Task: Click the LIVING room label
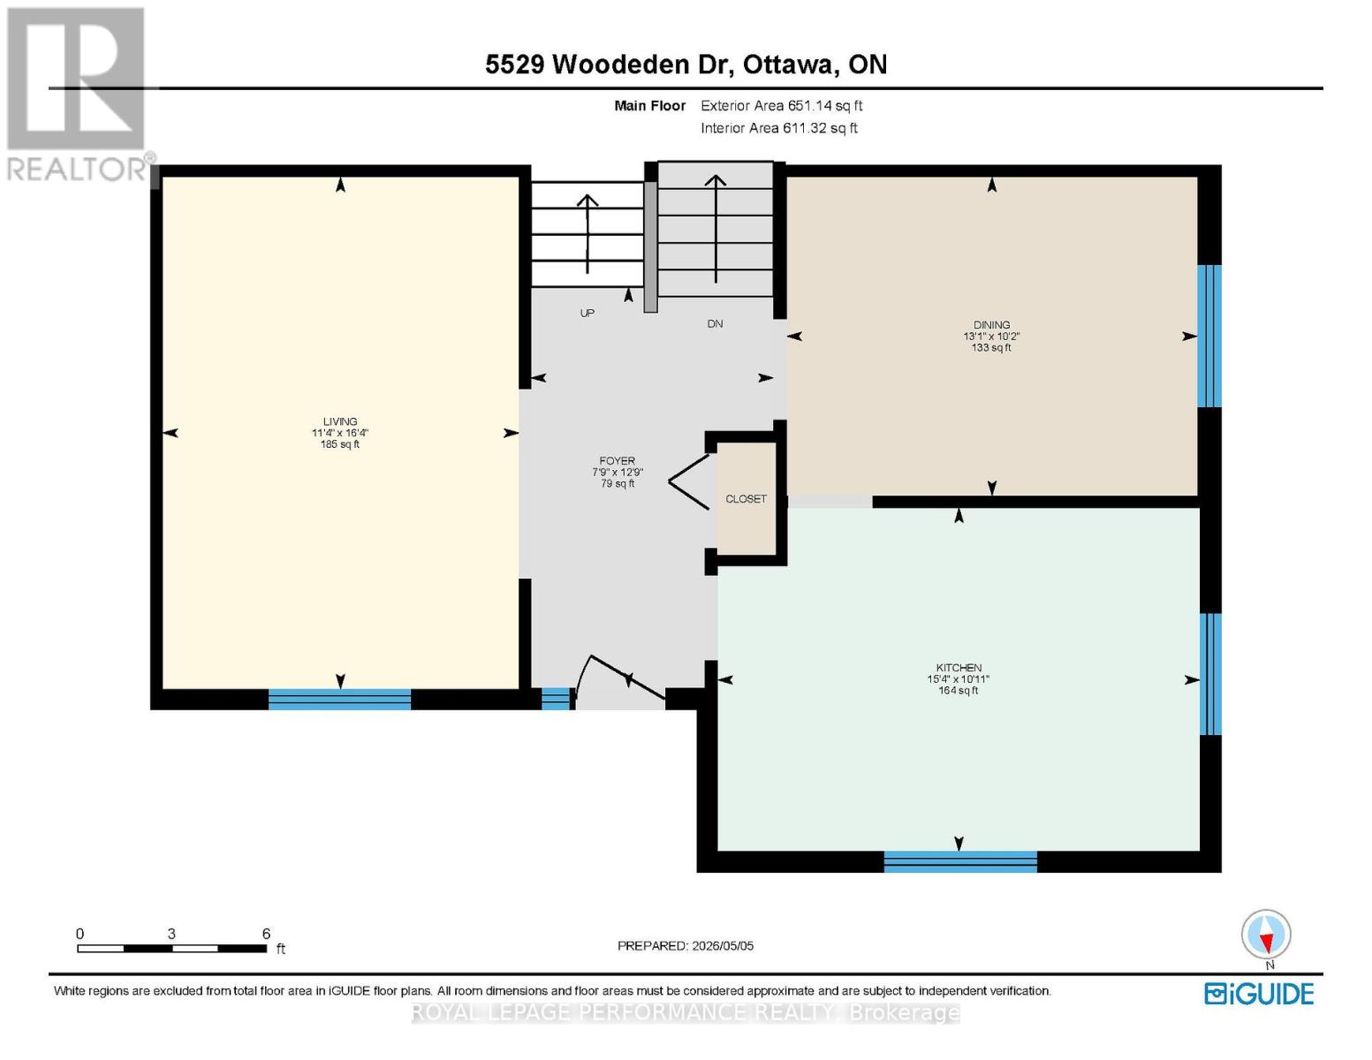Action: tap(339, 421)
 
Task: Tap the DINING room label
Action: tap(990, 324)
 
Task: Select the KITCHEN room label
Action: tap(959, 667)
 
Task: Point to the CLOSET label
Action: tap(746, 499)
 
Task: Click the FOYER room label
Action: tap(617, 461)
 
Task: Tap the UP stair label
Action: tap(587, 313)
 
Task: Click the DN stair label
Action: tap(715, 323)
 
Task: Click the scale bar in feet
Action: tap(171, 948)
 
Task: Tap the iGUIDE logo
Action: tap(1259, 995)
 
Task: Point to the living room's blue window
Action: tap(339, 700)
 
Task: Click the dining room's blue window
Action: tap(1209, 336)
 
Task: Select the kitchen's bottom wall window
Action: tap(959, 862)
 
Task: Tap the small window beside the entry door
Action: tap(556, 699)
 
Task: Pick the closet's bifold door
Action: tap(689, 481)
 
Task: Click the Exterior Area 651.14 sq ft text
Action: tap(781, 105)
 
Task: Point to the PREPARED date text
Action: tap(685, 946)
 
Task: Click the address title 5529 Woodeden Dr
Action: tap(605, 64)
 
